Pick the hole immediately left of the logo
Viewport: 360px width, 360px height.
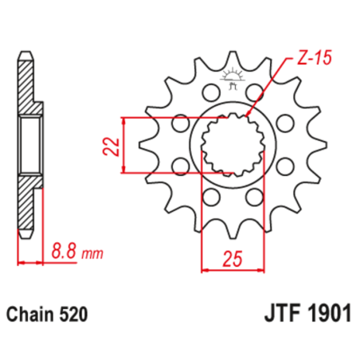pos(211,90)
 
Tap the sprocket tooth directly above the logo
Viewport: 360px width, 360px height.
pos(233,60)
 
